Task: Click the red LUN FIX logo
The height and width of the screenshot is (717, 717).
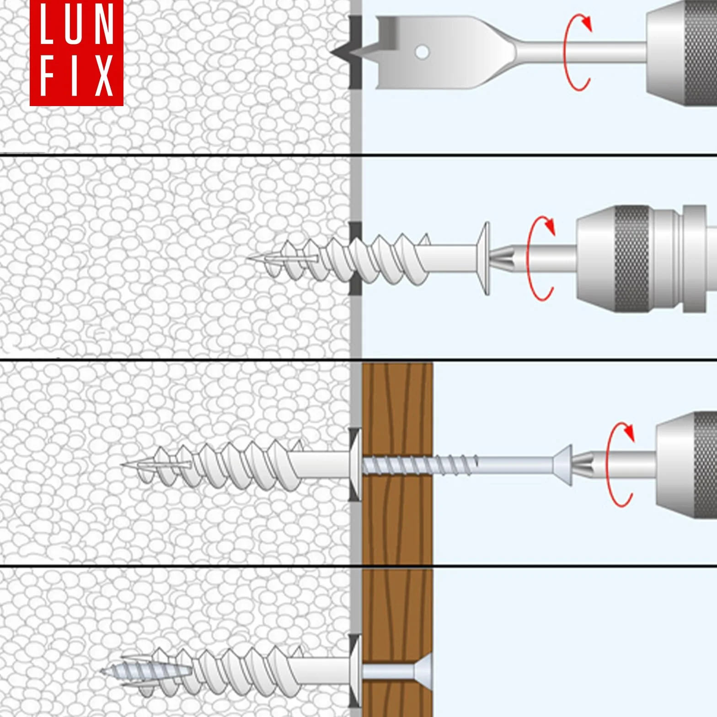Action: click(x=76, y=53)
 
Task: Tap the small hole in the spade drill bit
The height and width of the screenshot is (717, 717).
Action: click(x=422, y=52)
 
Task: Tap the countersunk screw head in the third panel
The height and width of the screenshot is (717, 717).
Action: click(x=562, y=465)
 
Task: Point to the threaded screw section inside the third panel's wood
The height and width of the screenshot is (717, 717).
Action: click(x=397, y=465)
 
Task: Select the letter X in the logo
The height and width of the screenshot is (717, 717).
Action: click(x=104, y=76)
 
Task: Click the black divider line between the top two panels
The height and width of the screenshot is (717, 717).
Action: click(x=358, y=155)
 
